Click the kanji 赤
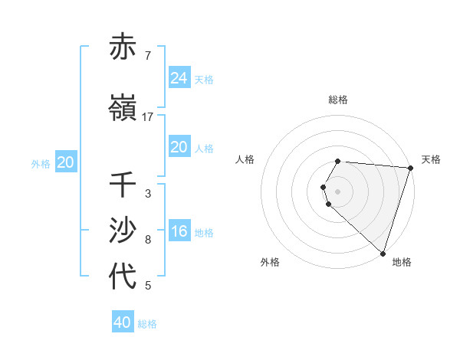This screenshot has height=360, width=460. click(123, 47)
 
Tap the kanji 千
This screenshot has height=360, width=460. click(123, 185)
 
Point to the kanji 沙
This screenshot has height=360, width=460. click(123, 231)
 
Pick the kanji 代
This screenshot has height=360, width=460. click(123, 277)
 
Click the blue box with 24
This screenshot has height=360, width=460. click(179, 77)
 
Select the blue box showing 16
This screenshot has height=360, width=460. click(179, 231)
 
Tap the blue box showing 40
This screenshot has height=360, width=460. click(123, 322)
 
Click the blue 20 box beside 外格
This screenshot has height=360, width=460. click(66, 162)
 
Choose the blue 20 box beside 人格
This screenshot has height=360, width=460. click(179, 147)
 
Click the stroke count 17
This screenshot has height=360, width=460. click(148, 117)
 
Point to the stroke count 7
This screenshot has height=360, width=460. click(147, 56)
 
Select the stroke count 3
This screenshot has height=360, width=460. click(147, 194)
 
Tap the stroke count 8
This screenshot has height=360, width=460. click(147, 240)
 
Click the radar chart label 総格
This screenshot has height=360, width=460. click(338, 100)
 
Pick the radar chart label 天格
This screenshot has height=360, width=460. click(431, 159)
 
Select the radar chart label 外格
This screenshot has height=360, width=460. click(270, 262)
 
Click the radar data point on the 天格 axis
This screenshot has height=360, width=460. click(410, 167)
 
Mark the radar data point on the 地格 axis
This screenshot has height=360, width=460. click(383, 253)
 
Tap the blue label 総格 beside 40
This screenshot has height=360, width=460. click(148, 324)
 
